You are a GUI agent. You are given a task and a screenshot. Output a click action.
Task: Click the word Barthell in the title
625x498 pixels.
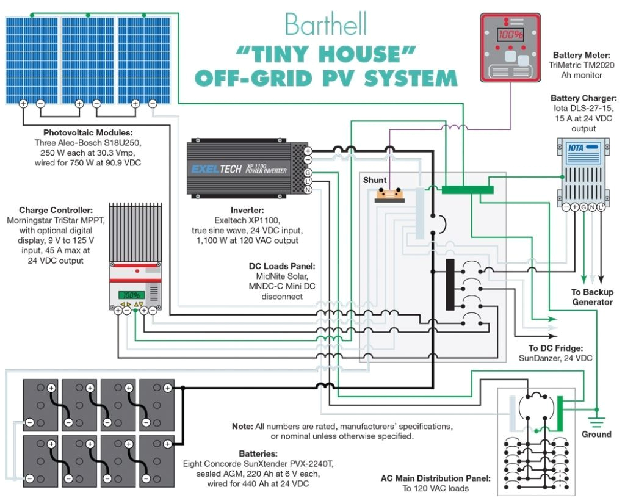326,25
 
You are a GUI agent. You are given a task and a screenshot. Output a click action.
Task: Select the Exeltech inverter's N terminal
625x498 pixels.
308,189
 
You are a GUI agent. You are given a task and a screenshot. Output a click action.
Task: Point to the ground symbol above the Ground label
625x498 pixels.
596,420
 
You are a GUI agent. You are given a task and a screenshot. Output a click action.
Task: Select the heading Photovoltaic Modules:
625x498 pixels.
88,132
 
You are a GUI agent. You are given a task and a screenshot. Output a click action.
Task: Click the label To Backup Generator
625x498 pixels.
591,297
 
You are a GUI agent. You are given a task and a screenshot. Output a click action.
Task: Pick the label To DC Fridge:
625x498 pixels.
547,347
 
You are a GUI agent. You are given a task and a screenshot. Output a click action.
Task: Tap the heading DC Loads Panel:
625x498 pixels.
278,267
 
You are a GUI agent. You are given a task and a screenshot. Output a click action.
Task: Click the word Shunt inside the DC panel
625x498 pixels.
375,180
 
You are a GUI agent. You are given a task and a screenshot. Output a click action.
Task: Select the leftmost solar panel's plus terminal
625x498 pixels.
23,104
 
